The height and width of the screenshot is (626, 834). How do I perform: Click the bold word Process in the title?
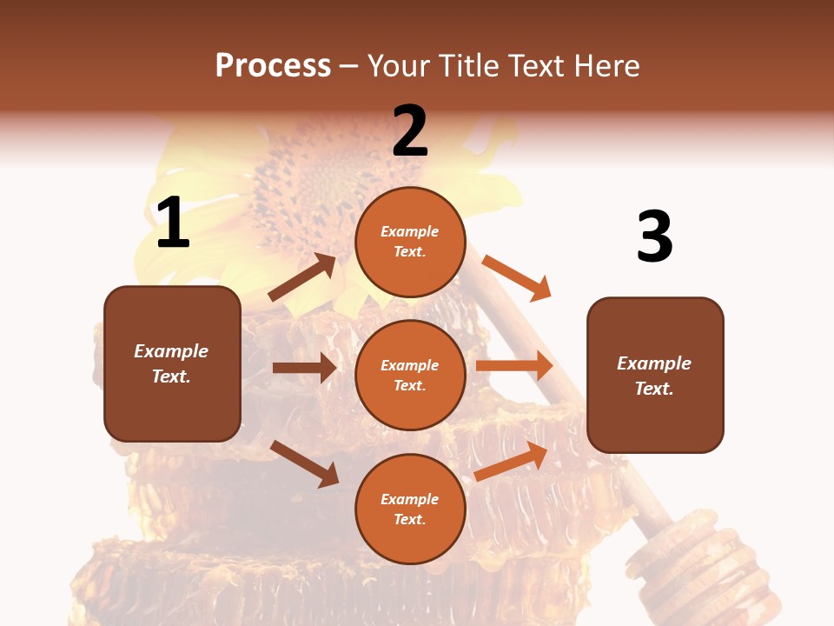click(273, 66)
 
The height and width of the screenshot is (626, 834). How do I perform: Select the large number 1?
click(173, 223)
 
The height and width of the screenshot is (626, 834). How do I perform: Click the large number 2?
click(410, 131)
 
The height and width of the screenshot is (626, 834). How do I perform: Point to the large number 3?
click(654, 236)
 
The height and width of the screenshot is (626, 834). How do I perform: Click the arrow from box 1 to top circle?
click(302, 277)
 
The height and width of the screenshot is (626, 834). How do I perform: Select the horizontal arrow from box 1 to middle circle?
click(304, 368)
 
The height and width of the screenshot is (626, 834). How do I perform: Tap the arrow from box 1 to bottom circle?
click(304, 463)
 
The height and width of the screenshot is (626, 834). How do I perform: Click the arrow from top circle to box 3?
click(516, 278)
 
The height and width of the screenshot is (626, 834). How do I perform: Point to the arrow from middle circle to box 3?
click(513, 366)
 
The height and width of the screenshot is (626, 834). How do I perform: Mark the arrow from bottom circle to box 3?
click(512, 462)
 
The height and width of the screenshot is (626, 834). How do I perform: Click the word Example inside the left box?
click(171, 351)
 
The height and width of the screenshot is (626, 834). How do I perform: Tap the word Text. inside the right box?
click(654, 389)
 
